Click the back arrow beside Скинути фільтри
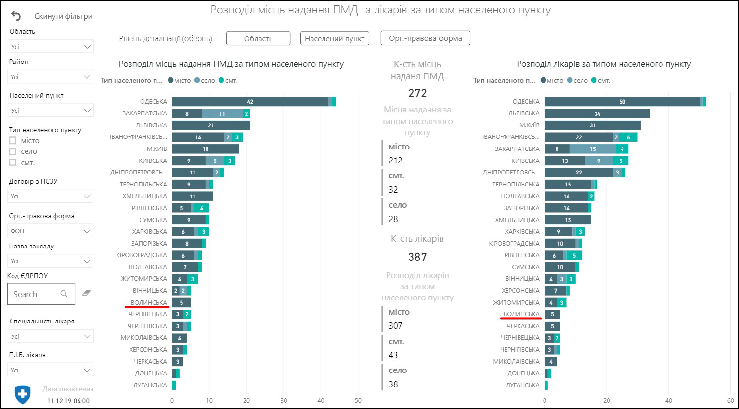tap(16, 16)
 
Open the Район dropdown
tap(51, 77)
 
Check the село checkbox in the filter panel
tap(13, 151)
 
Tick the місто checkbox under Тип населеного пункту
tap(13, 141)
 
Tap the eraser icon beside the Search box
tap(87, 293)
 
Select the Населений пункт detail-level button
tap(335, 38)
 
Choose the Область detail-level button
tap(258, 38)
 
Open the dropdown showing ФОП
tap(51, 231)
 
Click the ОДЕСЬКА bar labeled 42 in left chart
tap(250, 102)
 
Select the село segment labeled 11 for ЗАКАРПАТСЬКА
tap(222, 114)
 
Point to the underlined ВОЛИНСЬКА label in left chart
tap(149, 303)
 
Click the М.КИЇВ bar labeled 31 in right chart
tap(593, 125)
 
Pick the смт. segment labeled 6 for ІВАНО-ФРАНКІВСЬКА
tap(628, 137)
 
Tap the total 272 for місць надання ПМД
tap(417, 93)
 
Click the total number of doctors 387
tap(417, 257)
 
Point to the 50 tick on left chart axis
tap(358, 401)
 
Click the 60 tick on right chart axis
tap(731, 401)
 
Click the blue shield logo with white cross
tap(23, 395)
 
